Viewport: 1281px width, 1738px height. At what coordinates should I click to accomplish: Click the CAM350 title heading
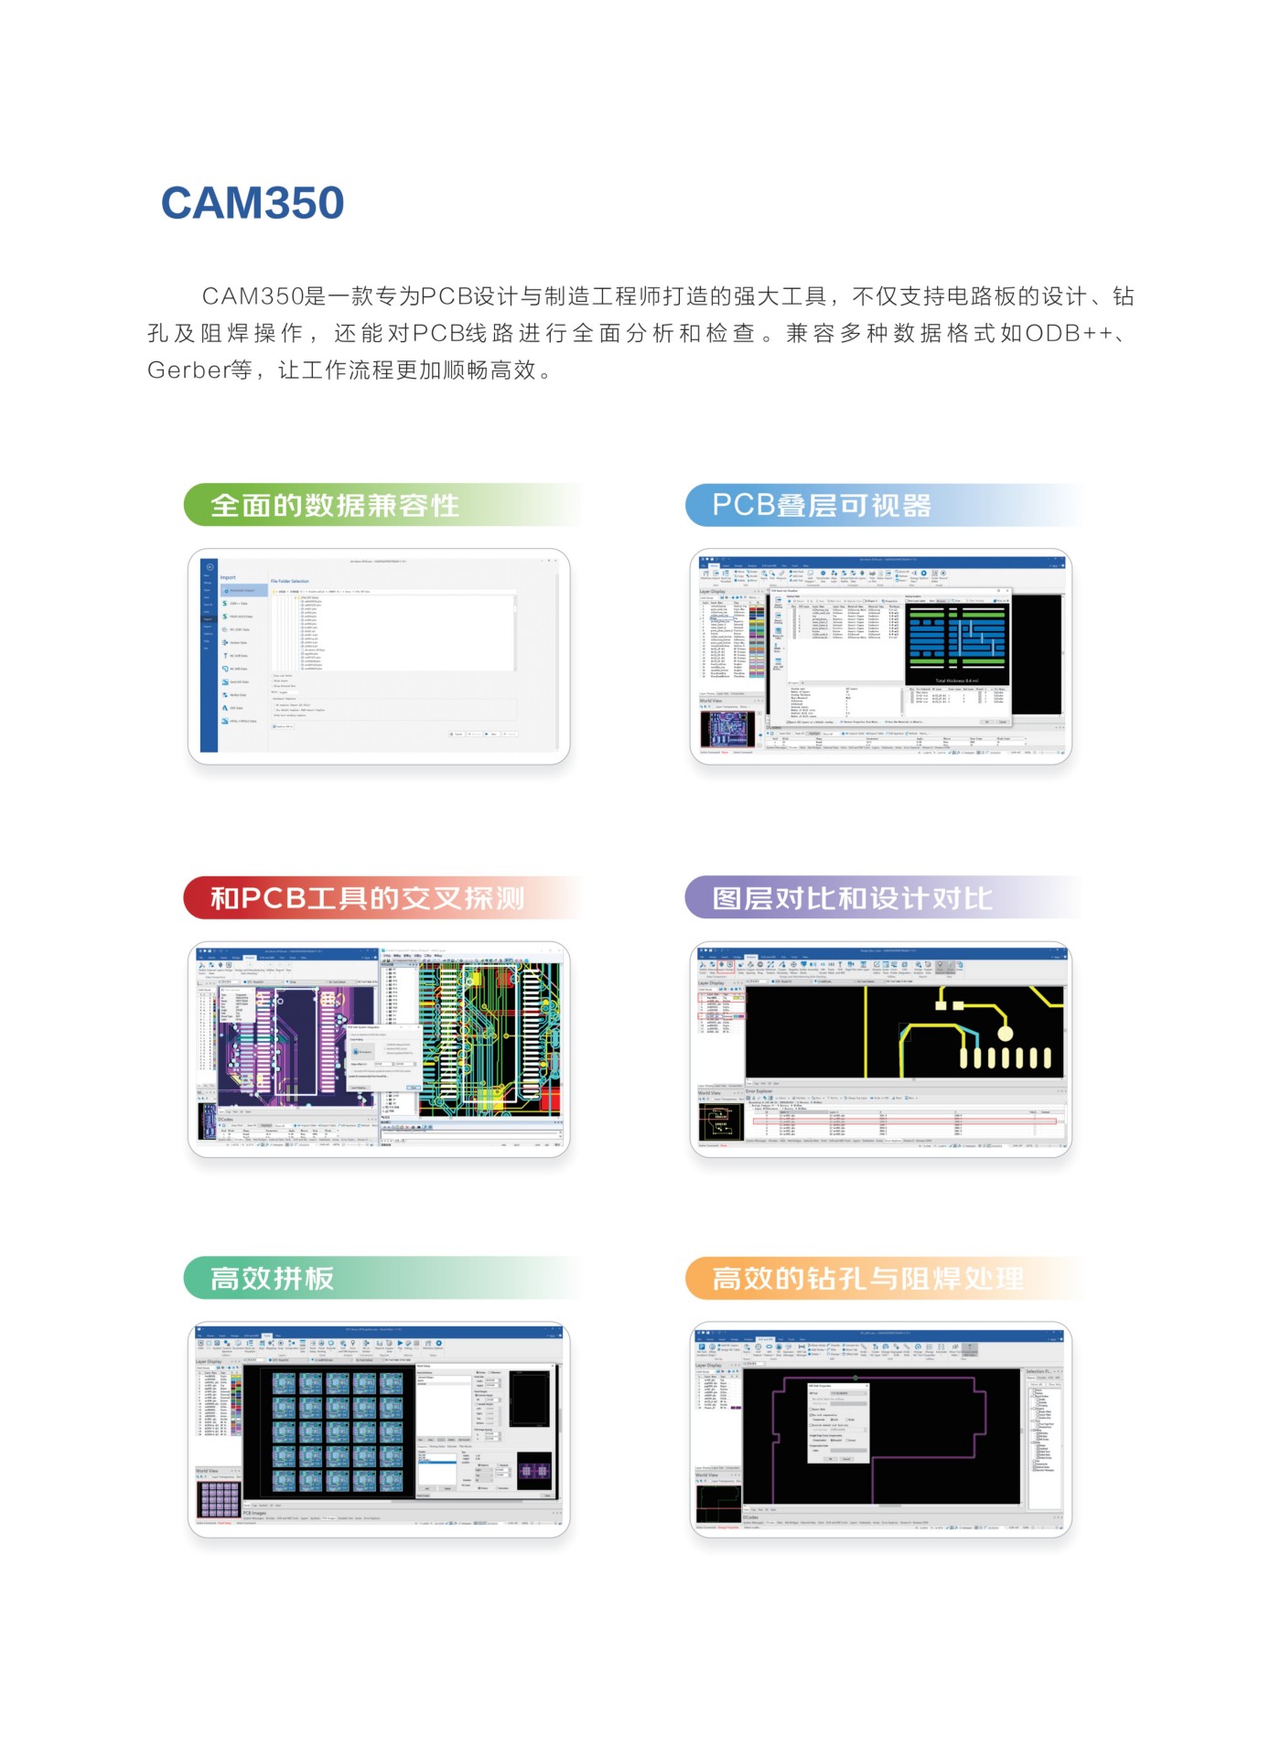253,203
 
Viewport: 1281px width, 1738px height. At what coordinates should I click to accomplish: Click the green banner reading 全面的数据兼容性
335,505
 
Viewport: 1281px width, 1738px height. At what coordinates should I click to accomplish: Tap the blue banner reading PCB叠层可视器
821,505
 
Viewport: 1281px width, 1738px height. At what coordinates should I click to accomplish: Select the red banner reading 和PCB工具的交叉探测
367,897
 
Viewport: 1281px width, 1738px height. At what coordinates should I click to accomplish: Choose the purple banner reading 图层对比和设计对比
851,897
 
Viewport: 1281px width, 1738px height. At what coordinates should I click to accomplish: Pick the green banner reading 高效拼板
273,1278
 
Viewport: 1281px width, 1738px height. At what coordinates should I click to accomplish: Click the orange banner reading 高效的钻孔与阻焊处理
867,1278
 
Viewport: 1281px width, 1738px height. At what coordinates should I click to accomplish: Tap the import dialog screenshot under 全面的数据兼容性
379,657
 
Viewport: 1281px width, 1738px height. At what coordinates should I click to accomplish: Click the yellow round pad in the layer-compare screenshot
1005,1034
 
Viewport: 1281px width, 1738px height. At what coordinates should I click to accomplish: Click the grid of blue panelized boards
338,1432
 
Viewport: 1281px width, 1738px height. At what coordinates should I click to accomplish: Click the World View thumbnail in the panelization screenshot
218,1499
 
